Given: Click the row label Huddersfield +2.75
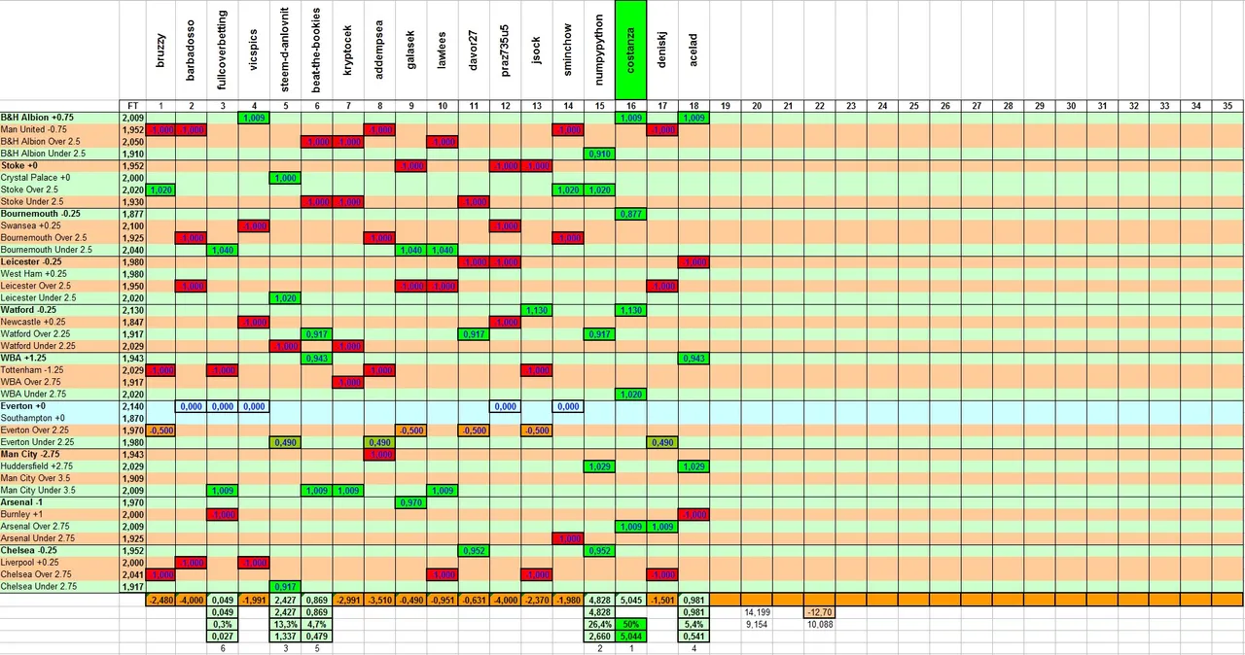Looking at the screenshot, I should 41,466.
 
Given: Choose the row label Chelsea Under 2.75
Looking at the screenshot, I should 38,586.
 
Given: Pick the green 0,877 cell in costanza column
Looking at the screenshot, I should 630,214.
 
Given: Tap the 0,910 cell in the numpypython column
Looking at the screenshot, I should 599,154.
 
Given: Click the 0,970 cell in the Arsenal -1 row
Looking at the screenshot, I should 411,502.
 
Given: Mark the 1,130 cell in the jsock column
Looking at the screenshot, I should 536,310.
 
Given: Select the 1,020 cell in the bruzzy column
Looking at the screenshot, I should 160,190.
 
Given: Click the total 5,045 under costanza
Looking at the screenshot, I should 630,600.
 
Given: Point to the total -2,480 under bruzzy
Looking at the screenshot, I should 160,600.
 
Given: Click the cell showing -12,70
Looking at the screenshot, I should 819,612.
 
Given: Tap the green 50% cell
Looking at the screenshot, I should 630,624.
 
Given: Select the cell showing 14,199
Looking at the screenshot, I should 756,612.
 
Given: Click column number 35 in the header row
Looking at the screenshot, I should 1227,105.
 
